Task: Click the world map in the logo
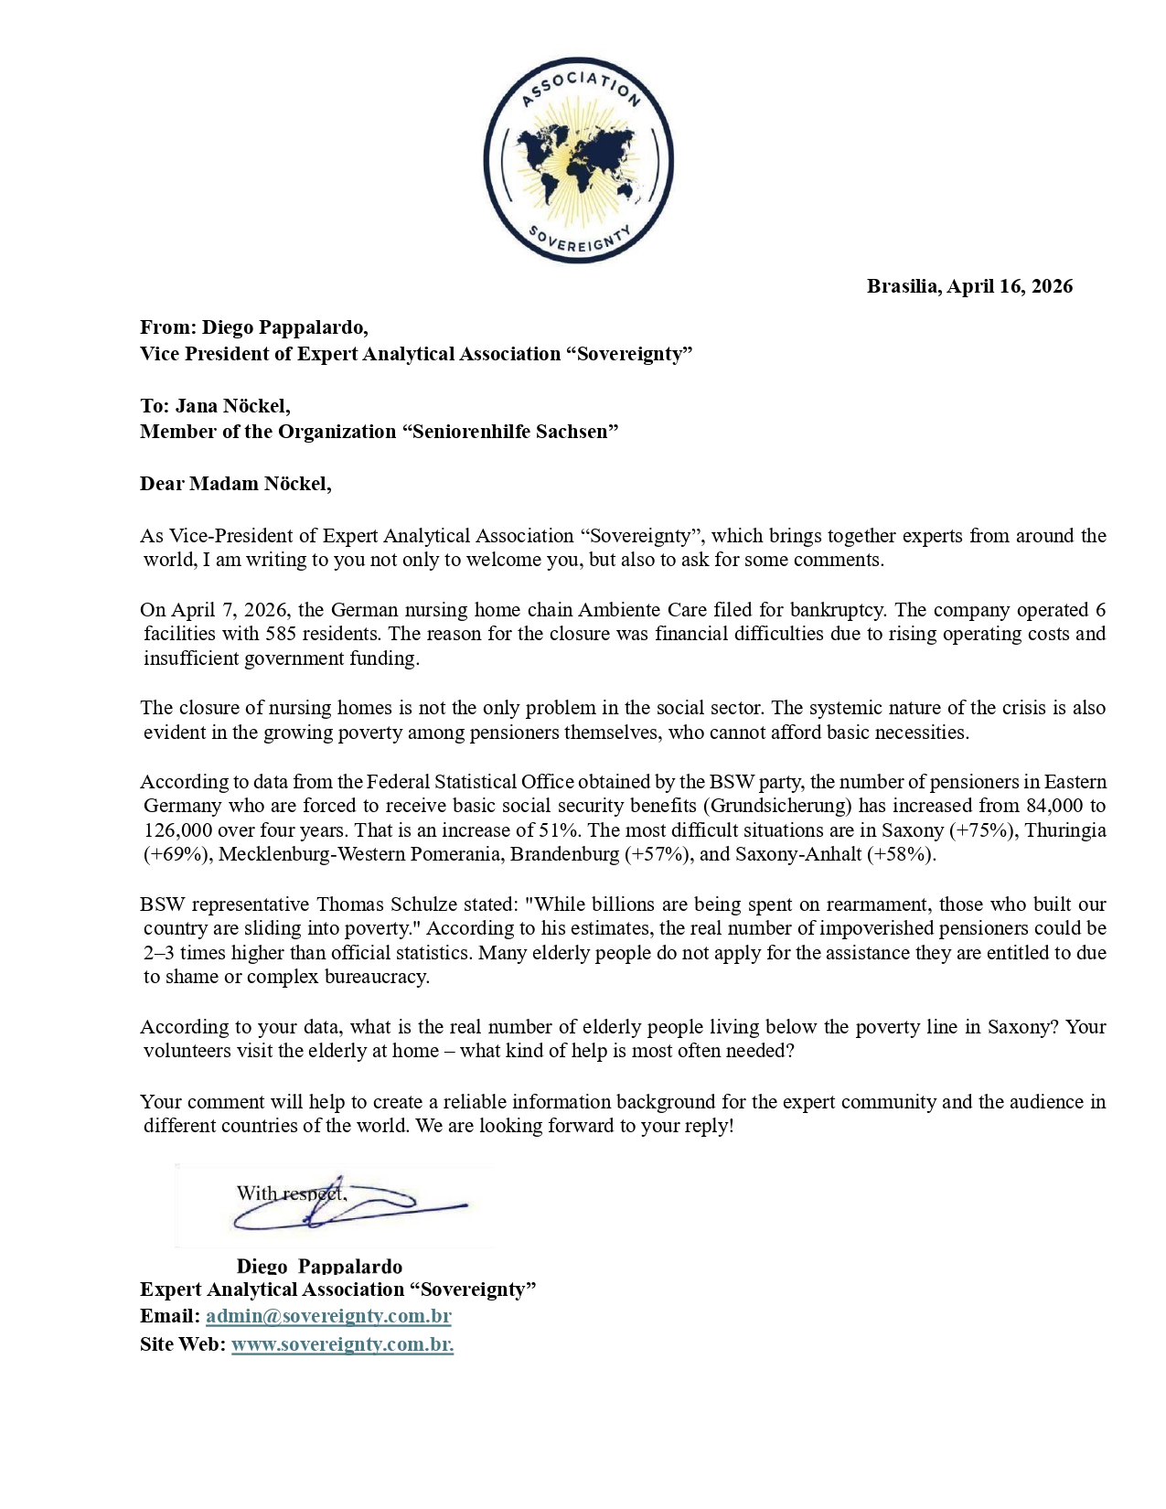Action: tap(578, 166)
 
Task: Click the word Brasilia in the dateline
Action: tap(903, 286)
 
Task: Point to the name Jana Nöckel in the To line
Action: tap(232, 405)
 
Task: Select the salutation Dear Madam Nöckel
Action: tap(235, 484)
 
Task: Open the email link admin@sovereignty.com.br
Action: tap(328, 1316)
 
